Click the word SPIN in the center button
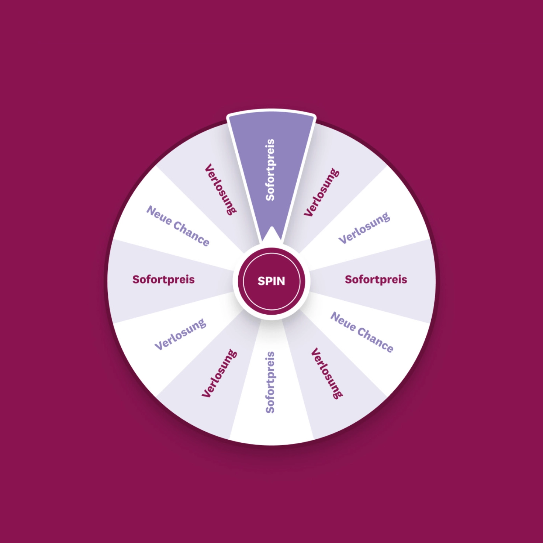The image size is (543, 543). click(271, 281)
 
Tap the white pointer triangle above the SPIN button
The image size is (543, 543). click(271, 234)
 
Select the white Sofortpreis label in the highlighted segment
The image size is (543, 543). click(270, 170)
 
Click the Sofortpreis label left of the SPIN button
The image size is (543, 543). click(163, 280)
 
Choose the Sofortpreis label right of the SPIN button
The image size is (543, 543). click(376, 280)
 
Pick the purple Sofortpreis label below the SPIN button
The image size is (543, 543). click(270, 383)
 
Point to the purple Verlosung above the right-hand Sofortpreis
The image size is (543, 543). click(364, 228)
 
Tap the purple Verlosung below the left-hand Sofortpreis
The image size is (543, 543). click(181, 335)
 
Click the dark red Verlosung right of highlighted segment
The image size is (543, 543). click(322, 193)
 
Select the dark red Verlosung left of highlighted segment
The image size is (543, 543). click(221, 190)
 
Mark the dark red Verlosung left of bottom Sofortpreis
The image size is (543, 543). click(219, 373)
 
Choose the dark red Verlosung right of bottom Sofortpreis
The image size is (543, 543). click(327, 373)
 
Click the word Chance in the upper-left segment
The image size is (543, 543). click(191, 234)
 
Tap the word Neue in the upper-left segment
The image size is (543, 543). click(159, 215)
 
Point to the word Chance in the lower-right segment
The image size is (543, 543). click(375, 340)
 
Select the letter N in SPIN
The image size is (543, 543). click(281, 281)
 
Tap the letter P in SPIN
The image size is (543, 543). click(269, 281)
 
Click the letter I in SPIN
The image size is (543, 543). click(274, 281)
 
